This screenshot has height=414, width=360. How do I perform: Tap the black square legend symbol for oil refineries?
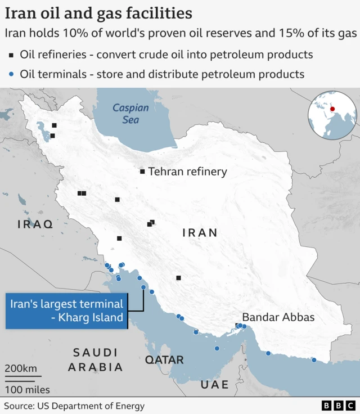[x=11, y=55]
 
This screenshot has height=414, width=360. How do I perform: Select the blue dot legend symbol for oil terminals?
[x=11, y=74]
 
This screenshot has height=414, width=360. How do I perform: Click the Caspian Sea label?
[x=130, y=114]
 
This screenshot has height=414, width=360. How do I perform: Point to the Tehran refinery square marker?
[x=142, y=172]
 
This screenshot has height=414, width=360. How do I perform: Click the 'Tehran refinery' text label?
[x=187, y=172]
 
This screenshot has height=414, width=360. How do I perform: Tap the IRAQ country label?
[x=35, y=224]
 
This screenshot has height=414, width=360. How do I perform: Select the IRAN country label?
[x=200, y=232]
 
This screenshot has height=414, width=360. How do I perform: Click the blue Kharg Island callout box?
[x=66, y=310]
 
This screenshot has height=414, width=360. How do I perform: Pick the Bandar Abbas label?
[x=278, y=317]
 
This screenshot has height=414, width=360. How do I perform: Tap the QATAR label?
[x=164, y=360]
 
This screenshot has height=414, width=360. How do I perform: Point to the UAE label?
[x=215, y=385]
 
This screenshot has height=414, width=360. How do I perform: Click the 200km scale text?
[x=21, y=368]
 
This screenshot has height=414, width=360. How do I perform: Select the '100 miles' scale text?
[x=28, y=389]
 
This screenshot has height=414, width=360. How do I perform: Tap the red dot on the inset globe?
[x=332, y=109]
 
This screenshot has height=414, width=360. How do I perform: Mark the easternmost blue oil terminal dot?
[x=314, y=360]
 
